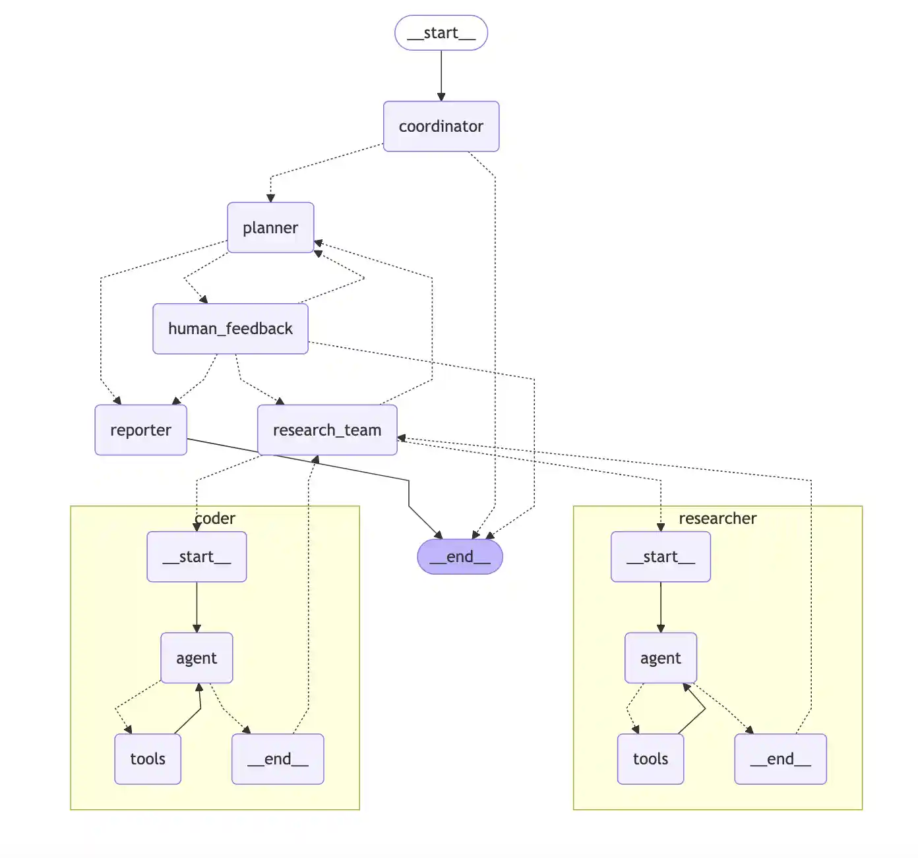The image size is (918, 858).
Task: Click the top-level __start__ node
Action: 441,33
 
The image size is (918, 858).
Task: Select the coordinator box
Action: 441,127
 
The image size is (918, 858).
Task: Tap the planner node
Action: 270,228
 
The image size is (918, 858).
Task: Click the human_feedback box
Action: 230,329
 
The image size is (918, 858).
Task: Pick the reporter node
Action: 140,430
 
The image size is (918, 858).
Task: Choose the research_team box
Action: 327,430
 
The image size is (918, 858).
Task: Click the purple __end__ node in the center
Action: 460,557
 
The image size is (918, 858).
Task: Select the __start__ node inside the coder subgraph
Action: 197,557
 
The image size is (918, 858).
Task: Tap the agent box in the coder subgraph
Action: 197,658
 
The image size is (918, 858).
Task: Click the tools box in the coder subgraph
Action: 148,759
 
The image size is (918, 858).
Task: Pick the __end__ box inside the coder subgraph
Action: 278,759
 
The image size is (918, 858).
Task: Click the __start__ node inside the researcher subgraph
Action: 660,557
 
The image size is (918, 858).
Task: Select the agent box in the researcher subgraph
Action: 660,658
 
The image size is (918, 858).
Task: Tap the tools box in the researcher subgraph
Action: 650,759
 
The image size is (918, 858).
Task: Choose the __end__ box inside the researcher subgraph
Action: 780,759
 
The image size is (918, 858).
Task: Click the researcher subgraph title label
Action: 718,519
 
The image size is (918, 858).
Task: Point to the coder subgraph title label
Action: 215,519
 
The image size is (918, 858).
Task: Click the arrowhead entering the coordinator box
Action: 441,97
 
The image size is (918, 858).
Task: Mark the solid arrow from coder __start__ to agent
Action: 197,607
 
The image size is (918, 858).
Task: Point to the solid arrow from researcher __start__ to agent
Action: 661,607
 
